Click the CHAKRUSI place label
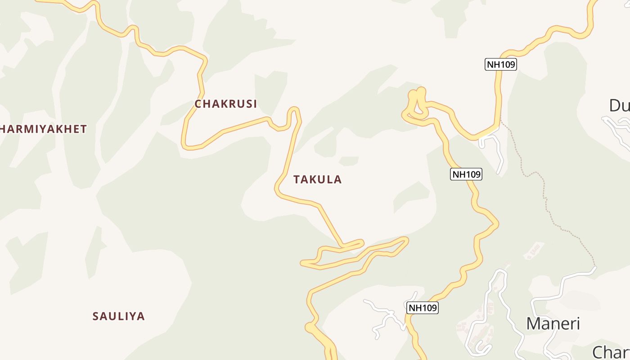(x=225, y=104)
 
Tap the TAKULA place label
(x=317, y=180)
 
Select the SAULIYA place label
(x=118, y=316)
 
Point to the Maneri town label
(x=553, y=324)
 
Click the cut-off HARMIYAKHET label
(x=43, y=129)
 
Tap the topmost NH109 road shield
(x=500, y=64)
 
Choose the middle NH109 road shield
(x=466, y=174)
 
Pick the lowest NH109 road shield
(x=422, y=308)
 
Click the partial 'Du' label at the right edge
(x=619, y=106)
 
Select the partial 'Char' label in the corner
(x=611, y=351)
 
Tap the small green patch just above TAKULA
(x=348, y=161)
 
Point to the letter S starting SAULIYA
(x=95, y=316)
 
